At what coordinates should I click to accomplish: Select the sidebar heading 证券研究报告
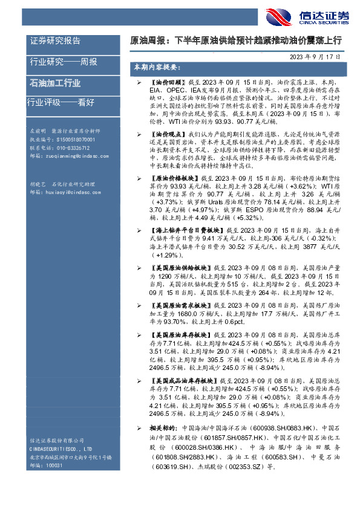pos(55,41)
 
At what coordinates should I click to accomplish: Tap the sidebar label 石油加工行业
pos(55,83)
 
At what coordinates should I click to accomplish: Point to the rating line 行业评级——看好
pos(62,102)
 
